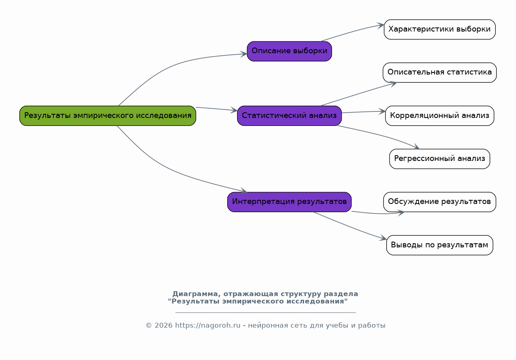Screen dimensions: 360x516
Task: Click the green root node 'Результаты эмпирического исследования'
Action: (108, 115)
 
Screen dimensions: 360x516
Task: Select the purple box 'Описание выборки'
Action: (289, 51)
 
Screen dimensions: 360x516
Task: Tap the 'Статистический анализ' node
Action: (289, 115)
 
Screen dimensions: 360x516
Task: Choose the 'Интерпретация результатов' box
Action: (289, 202)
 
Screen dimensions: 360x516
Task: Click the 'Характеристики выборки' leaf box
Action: (439, 29)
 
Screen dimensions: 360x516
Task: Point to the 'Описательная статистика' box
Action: (439, 72)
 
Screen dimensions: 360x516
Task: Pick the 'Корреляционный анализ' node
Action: (439, 115)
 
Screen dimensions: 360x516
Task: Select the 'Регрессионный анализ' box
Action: (439, 159)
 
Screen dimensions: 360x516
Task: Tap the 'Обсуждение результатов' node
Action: (439, 202)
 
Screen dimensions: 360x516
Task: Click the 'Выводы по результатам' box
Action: (439, 245)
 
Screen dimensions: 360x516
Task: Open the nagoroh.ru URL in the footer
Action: (207, 326)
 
